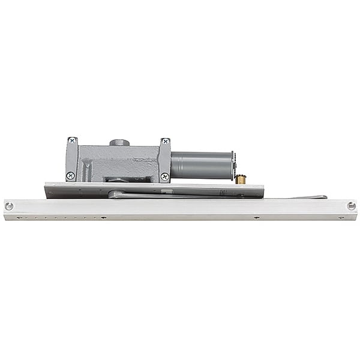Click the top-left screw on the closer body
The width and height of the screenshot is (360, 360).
72,140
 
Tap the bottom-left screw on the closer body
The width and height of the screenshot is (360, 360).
71,176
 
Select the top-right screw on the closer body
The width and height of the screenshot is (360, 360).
165,142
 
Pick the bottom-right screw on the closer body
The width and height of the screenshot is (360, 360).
164,176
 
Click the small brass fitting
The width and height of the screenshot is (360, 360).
241,179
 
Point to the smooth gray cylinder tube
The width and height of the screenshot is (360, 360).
202,165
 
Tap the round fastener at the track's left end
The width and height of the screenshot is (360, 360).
9,206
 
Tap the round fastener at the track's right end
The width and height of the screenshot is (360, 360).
351,206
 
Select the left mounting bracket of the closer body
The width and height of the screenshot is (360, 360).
71,159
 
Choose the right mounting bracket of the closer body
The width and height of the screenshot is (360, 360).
164,160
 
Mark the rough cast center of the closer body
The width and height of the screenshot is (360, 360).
117,162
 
